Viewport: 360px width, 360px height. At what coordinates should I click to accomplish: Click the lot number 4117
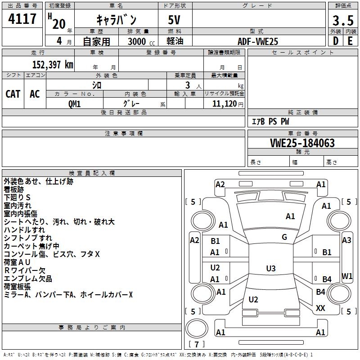pyautogui.click(x=22, y=19)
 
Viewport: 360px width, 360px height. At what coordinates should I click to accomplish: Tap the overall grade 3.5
pyautogui.click(x=342, y=21)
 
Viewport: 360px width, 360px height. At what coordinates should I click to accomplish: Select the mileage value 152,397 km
pyautogui.click(x=53, y=64)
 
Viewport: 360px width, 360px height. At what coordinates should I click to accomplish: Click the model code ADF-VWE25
pyautogui.click(x=258, y=41)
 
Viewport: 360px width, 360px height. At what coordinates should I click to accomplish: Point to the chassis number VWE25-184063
pyautogui.click(x=302, y=143)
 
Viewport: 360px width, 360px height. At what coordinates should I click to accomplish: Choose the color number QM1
pyautogui.click(x=75, y=103)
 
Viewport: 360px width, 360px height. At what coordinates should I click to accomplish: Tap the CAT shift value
pyautogui.click(x=13, y=94)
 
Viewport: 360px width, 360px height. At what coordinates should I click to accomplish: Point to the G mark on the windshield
pyautogui.click(x=284, y=237)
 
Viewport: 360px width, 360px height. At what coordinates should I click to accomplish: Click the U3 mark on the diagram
pyautogui.click(x=270, y=269)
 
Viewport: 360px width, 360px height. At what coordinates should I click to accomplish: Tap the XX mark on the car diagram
pyautogui.click(x=320, y=308)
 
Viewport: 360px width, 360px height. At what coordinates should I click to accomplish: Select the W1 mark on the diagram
pyautogui.click(x=346, y=276)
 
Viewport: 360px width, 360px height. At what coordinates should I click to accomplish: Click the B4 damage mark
pyautogui.click(x=327, y=279)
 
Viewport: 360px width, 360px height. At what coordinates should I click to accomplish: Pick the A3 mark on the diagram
pyautogui.click(x=346, y=240)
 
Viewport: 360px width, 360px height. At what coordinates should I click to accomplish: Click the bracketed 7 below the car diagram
pyautogui.click(x=197, y=344)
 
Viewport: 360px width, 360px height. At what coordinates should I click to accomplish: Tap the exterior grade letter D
pyautogui.click(x=335, y=41)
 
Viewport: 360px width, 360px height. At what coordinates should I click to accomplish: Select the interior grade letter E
pyautogui.click(x=350, y=41)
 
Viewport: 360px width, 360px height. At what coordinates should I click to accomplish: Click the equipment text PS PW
pyautogui.click(x=279, y=121)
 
